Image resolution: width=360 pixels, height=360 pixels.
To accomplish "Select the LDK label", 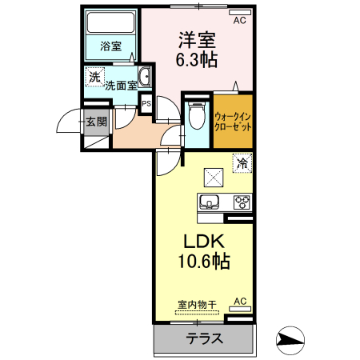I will coord(203,241).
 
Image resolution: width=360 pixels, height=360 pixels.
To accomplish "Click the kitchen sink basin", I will coord(210,202).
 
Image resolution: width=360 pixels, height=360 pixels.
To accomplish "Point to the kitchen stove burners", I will coord(242,202).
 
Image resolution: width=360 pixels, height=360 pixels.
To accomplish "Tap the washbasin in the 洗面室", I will coord(145,78).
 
